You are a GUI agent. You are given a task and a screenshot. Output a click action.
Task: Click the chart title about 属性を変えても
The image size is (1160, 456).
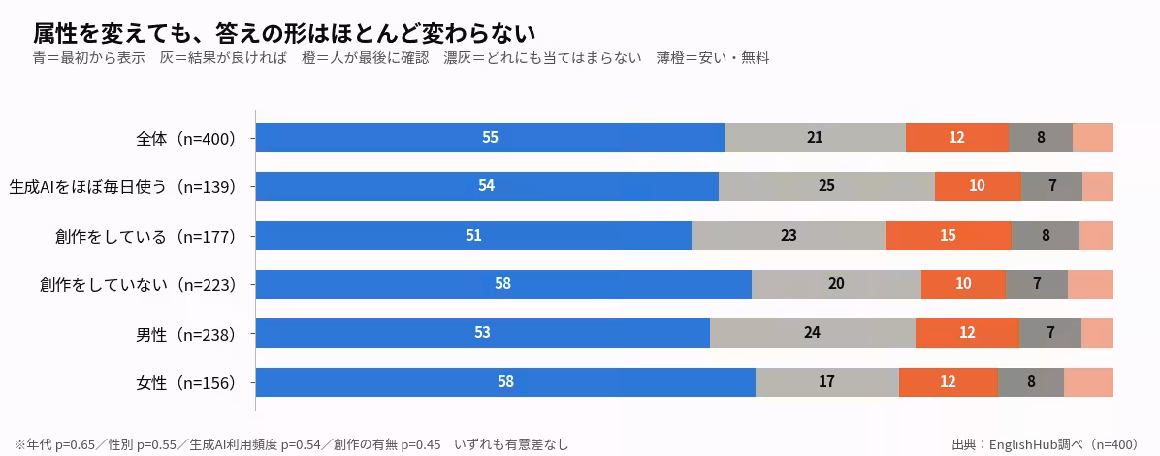[284, 33]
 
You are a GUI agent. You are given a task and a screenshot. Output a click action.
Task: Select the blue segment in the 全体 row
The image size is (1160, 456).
[491, 138]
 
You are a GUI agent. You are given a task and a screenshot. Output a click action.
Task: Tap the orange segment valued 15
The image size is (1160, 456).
[949, 236]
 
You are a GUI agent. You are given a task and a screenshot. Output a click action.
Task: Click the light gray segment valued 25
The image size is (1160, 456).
[826, 186]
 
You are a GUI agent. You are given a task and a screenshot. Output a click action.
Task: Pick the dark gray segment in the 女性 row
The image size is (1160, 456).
[1031, 382]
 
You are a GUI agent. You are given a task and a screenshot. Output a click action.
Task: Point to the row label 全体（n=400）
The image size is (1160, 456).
[185, 139]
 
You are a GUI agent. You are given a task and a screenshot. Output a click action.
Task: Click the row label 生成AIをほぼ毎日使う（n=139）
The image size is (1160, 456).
[122, 187]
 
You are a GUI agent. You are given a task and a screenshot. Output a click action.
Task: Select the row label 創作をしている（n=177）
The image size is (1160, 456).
[145, 236]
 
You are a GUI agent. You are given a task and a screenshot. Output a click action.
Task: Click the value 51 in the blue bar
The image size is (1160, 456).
[473, 236]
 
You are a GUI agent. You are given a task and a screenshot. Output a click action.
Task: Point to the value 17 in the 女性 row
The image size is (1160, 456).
[827, 382]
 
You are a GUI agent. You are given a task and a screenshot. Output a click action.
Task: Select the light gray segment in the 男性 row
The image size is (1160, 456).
[813, 333]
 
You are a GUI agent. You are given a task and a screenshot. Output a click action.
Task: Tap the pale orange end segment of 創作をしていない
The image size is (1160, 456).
[1090, 284]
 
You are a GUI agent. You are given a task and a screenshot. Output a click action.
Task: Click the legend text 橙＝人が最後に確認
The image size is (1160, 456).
[366, 59]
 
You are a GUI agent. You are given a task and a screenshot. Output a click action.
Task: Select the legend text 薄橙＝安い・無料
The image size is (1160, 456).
[713, 59]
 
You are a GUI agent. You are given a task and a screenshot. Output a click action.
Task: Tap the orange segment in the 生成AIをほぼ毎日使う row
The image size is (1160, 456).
[978, 186]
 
